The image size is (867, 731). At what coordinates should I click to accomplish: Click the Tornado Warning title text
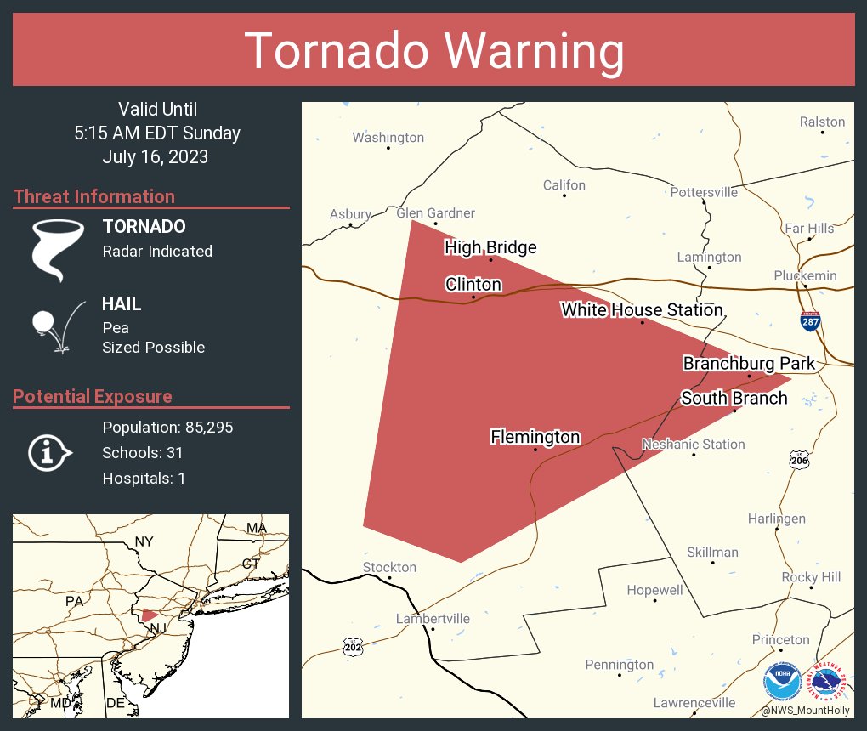[x=433, y=51]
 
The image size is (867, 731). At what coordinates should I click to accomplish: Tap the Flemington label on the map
[x=535, y=437]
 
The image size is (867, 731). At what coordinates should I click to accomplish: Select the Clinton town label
[x=473, y=285]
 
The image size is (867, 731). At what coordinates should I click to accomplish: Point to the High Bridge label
[x=491, y=247]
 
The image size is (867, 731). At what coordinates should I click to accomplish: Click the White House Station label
[x=642, y=310]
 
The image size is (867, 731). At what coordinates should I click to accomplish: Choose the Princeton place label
[x=780, y=640]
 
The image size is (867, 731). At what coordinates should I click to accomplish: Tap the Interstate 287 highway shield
[x=810, y=322]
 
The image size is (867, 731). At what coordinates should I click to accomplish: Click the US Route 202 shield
[x=354, y=647]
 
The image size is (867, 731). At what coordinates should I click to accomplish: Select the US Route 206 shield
[x=798, y=460]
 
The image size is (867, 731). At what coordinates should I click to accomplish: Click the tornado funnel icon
[x=57, y=249]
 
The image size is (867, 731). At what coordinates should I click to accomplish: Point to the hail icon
[x=56, y=326]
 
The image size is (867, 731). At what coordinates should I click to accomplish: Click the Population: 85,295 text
[x=167, y=428]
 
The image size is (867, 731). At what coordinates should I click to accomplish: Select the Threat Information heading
[x=94, y=197]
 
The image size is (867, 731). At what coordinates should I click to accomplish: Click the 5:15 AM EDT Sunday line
[x=157, y=133]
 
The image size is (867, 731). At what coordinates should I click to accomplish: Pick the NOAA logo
[x=781, y=680]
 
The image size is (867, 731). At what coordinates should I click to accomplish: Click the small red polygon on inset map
[x=150, y=615]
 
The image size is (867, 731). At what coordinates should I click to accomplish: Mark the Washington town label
[x=388, y=138]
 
